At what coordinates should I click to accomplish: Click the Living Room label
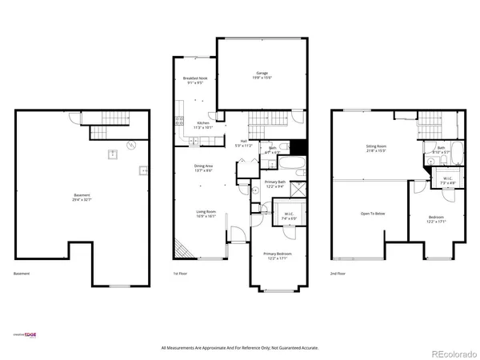click(207, 214)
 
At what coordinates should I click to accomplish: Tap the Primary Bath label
click(275, 184)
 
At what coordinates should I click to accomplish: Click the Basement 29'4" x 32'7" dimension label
click(82, 198)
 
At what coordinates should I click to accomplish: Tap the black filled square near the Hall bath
click(298, 148)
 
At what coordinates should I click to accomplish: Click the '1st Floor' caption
click(181, 274)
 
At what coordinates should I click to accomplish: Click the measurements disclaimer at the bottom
click(239, 348)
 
